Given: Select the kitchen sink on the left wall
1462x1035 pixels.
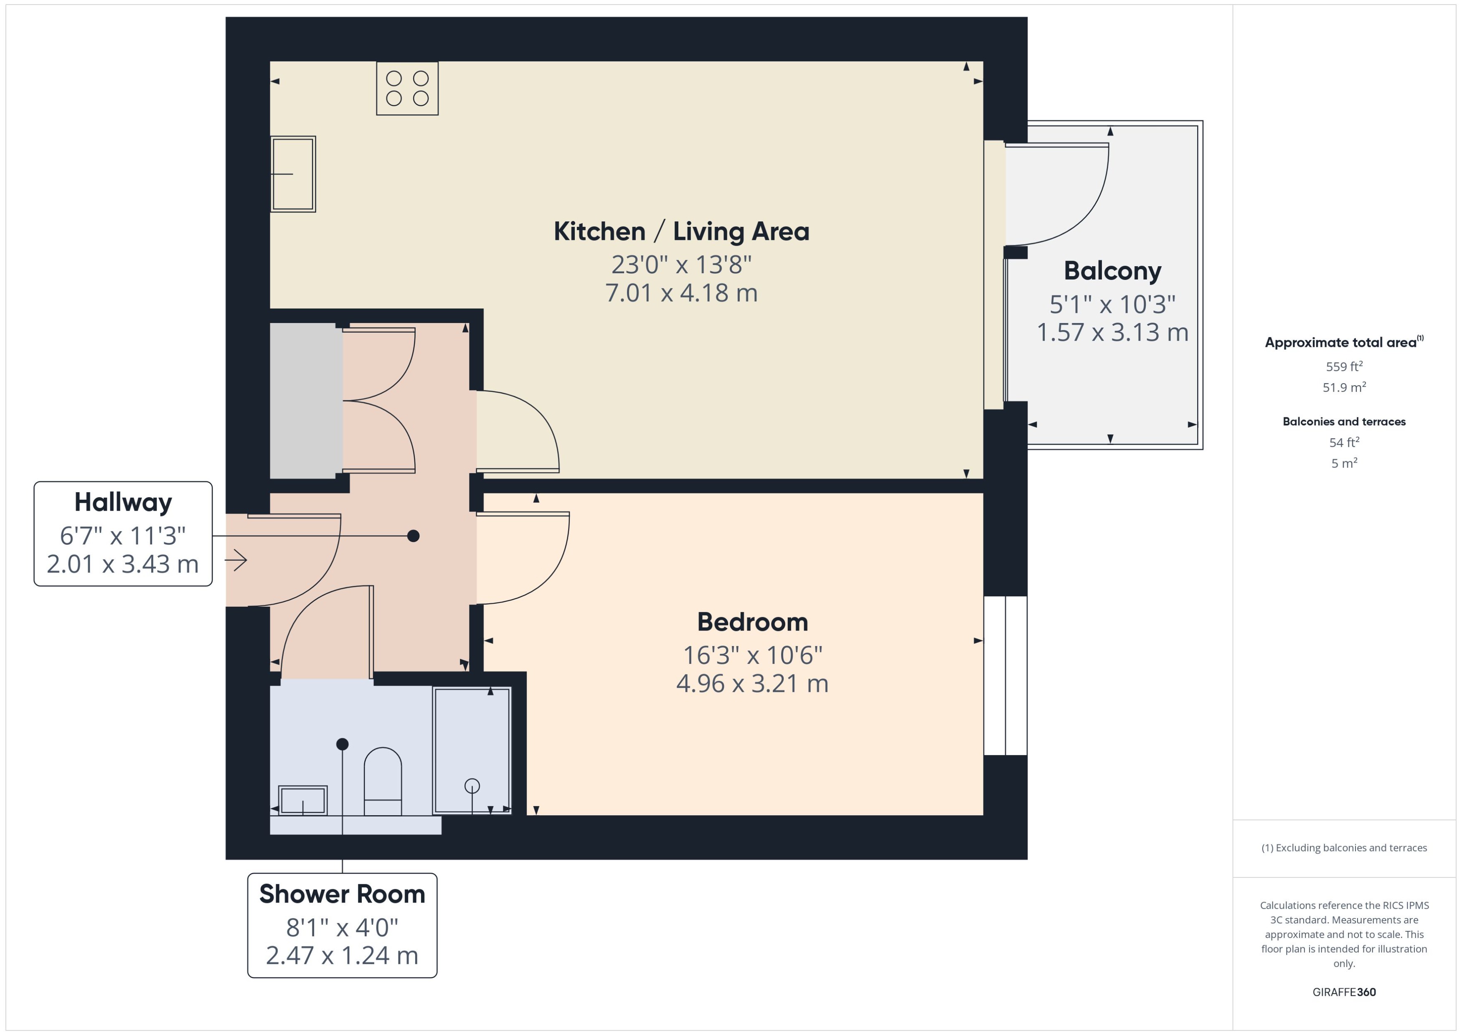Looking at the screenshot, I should [x=293, y=173].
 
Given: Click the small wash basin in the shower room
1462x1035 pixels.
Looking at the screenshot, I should [x=303, y=801].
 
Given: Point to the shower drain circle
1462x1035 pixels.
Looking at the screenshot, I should [x=472, y=786].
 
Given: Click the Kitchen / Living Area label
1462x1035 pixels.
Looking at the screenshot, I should [x=681, y=231].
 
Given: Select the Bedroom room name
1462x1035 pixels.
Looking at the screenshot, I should [x=752, y=622].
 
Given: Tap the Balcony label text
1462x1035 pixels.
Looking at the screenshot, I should [x=1112, y=271].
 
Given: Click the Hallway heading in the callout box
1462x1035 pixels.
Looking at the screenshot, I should [x=123, y=502].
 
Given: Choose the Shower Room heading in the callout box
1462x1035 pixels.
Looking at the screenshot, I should [x=342, y=894].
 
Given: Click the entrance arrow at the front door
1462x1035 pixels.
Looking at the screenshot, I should [x=236, y=560].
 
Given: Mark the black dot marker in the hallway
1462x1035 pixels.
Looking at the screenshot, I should [x=414, y=536].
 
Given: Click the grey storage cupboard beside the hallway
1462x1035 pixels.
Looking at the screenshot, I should [x=306, y=400].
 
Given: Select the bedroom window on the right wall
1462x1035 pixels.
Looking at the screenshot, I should [x=1005, y=676].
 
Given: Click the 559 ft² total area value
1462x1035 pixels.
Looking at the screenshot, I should [x=1344, y=366].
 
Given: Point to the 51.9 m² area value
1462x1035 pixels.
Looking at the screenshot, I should [x=1344, y=387].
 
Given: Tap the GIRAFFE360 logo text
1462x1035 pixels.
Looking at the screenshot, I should [x=1344, y=992].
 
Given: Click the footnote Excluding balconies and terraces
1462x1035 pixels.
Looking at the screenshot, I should [x=1344, y=848].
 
